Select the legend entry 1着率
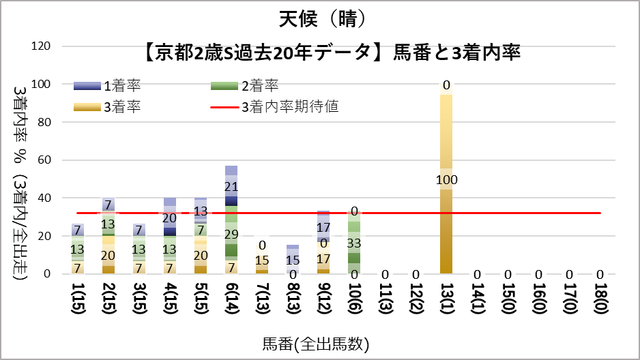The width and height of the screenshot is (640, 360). (x=122, y=86)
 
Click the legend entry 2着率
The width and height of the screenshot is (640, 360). (x=259, y=86)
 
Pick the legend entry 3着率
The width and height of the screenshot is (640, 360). (x=122, y=107)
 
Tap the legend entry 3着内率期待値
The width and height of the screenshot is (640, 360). (x=290, y=107)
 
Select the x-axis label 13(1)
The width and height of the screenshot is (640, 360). (x=446, y=301)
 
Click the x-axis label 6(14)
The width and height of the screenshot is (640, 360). (x=231, y=301)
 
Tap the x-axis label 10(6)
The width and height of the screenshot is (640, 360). (x=354, y=301)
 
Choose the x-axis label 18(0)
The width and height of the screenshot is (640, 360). (x=600, y=301)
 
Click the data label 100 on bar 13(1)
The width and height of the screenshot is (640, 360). (x=446, y=180)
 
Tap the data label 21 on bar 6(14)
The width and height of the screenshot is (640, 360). (x=231, y=187)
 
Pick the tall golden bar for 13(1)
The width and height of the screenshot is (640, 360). (x=446, y=225)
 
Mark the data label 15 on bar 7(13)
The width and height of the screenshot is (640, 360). (x=262, y=260)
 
